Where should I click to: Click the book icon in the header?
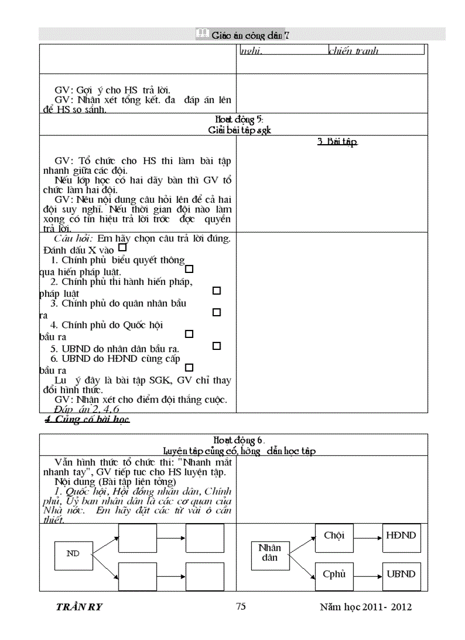coord(202,34)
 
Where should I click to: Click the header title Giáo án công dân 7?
coord(250,35)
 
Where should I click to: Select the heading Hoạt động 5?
coord(239,119)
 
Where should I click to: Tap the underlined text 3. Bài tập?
coord(337,142)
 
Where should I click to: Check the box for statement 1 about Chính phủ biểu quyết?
coord(190,269)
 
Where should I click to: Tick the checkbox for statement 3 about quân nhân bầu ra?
coord(217,312)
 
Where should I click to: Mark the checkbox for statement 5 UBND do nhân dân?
coord(217,346)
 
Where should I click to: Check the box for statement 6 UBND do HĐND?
coord(190,368)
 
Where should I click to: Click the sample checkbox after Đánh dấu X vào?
coord(122,248)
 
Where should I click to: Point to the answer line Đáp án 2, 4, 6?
coord(87,409)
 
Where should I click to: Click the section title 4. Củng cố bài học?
coord(87,420)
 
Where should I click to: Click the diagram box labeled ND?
coord(74,553)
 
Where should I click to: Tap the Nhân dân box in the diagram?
coord(270,553)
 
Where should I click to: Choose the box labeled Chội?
coord(334,536)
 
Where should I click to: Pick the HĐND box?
coord(401,536)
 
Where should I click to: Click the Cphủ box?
coord(334,574)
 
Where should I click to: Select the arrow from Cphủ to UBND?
coord(368,574)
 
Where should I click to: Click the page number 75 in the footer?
coord(241,606)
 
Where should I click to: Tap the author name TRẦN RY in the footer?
coord(79,607)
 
